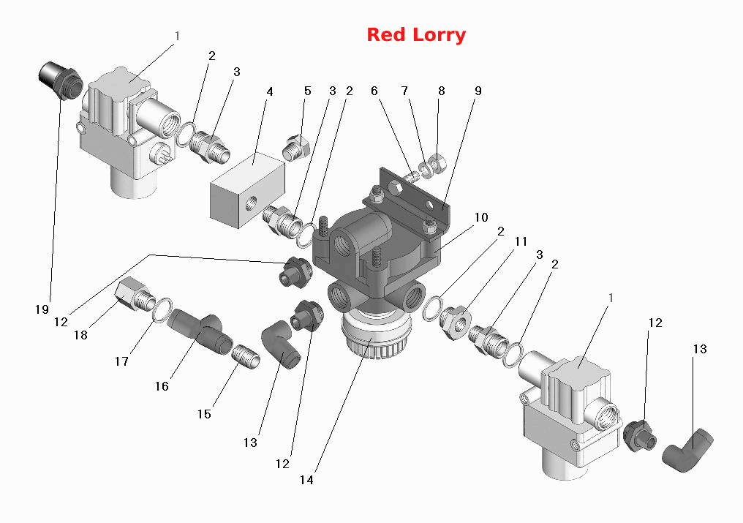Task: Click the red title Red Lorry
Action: point(416,35)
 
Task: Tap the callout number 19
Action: point(42,309)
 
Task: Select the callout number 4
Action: point(270,91)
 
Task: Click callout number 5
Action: point(308,91)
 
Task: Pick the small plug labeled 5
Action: point(296,148)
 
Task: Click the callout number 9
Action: point(478,91)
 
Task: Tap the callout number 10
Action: point(481,217)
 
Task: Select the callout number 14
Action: point(306,480)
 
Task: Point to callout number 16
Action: point(162,386)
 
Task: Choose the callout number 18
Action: point(80,335)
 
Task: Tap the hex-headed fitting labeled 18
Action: point(135,295)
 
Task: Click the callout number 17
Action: point(122,361)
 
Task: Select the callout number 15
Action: point(204,414)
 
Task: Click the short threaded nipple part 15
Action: point(246,357)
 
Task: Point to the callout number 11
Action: point(521,241)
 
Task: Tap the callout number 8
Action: point(441,91)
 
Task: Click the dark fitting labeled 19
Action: point(60,80)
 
